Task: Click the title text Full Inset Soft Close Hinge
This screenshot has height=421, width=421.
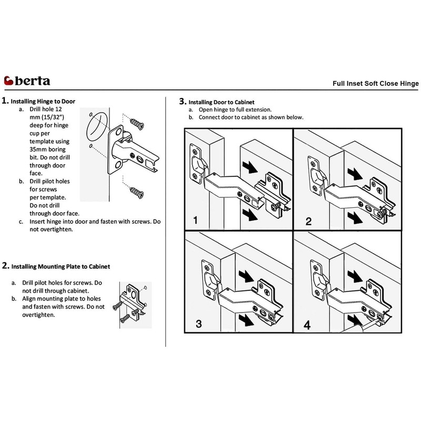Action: tap(375, 83)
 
